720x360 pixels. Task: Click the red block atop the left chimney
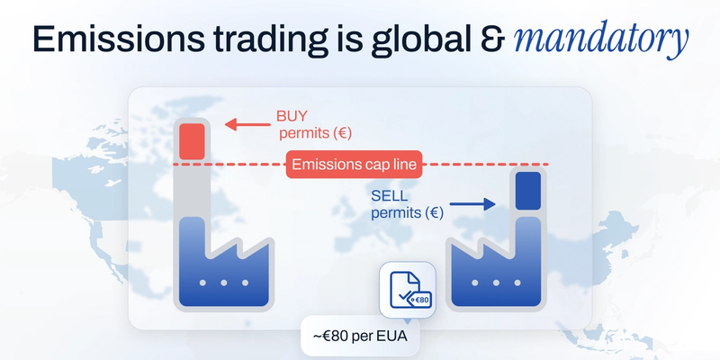(x=193, y=141)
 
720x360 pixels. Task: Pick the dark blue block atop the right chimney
(x=526, y=191)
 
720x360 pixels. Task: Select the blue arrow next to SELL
(x=472, y=204)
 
